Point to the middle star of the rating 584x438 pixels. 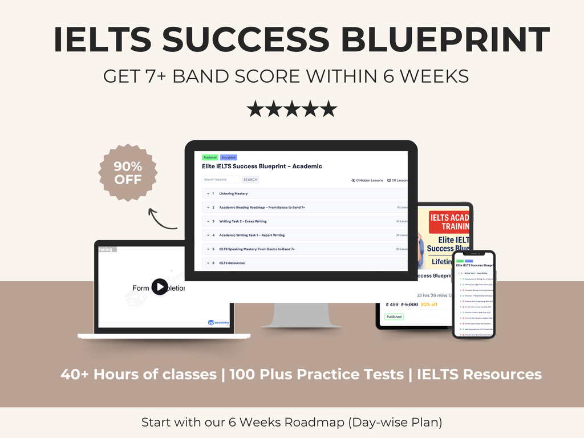coord(292,108)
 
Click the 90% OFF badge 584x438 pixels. coord(128,172)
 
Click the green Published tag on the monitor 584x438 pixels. coord(210,157)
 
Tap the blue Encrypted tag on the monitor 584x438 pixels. coord(228,157)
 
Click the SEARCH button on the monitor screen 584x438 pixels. coord(250,180)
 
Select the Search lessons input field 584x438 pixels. coord(221,180)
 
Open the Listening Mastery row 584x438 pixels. coord(233,193)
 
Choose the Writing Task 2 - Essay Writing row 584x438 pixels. coord(243,221)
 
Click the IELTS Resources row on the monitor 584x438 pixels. coord(232,263)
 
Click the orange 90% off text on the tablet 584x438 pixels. coord(429,305)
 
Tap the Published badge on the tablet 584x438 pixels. coord(394,317)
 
